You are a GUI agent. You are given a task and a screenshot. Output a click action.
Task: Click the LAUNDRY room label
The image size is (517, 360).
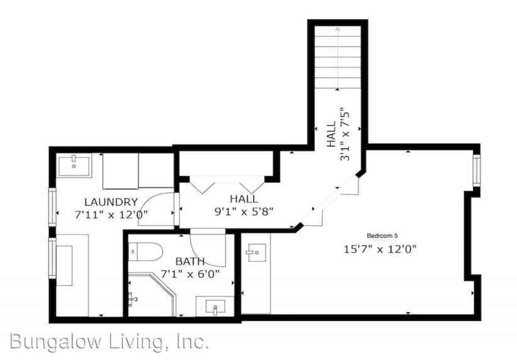coord(111,202)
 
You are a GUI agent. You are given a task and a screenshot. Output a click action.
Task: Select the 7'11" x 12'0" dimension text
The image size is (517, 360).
coord(111,214)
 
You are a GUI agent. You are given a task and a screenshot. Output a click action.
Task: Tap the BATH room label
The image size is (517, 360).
coord(189,261)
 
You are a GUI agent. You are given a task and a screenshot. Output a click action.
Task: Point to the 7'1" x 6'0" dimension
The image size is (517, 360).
coord(189,274)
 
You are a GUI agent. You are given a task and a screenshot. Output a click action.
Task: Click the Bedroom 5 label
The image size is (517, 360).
coord(382,235)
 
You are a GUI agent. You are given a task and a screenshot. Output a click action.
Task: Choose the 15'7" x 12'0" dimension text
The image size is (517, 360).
coord(380,249)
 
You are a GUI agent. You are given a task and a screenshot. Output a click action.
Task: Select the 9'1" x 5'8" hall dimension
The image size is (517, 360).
coord(243,211)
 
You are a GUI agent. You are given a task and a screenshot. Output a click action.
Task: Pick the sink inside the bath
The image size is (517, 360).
coord(216,308)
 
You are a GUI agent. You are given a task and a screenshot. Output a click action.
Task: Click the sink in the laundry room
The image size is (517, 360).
coord(74,165)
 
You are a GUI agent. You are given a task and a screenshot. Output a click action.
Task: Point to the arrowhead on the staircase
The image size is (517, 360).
coord(338,28)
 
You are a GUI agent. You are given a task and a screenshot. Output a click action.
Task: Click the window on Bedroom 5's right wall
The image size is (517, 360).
coord(476,171)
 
